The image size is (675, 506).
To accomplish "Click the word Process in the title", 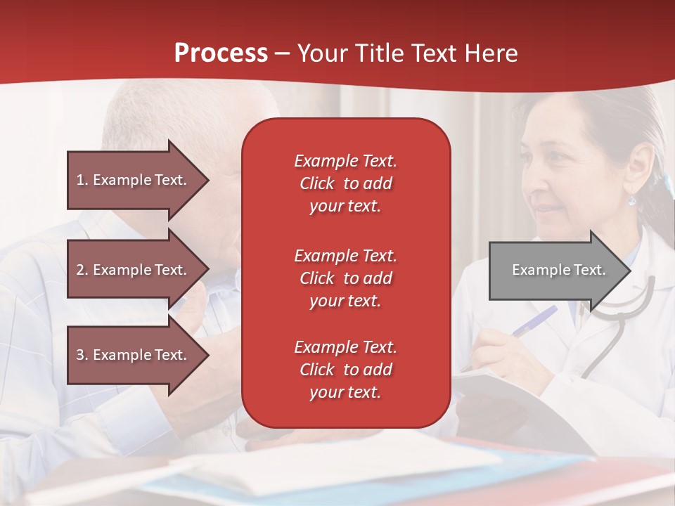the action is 221,53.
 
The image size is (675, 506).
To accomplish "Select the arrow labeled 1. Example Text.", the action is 139,180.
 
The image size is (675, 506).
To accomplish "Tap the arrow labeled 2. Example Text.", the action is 139,269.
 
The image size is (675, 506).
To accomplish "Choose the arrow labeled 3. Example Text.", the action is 139,355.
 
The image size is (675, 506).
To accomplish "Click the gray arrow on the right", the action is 560,271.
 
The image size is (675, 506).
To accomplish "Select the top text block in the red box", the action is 346,183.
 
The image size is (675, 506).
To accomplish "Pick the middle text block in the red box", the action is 346,278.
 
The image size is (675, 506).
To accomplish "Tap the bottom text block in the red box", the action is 346,369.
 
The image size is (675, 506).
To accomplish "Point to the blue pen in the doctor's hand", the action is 534,320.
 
